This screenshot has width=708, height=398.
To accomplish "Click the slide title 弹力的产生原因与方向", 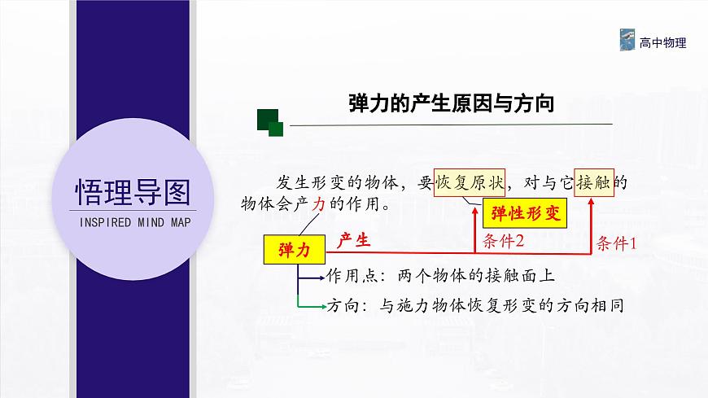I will tap(451, 103).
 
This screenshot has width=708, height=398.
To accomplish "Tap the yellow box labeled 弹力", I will tap(294, 250).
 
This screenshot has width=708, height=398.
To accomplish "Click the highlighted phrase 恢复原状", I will tap(470, 181).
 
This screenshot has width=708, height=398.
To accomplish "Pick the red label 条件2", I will tap(503, 241).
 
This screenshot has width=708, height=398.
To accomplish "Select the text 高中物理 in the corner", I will tap(663, 42).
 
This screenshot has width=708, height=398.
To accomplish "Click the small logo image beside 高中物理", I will tap(627, 41).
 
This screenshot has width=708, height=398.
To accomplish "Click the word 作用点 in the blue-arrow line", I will tap(346, 275).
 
